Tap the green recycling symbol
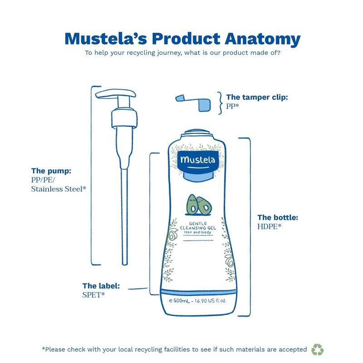pyautogui.click(x=318, y=349)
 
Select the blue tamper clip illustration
pyautogui.click(x=195, y=102)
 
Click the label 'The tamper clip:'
pyautogui.click(x=257, y=97)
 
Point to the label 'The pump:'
pyautogui.click(x=51, y=171)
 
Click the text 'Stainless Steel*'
pyautogui.click(x=58, y=189)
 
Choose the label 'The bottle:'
pyautogui.click(x=277, y=217)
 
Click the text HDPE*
pyautogui.click(x=270, y=226)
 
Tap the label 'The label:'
pyautogui.click(x=101, y=286)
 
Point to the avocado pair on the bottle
pyautogui.click(x=199, y=204)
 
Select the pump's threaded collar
pyautogui.click(x=123, y=118)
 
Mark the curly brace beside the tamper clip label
pyautogui.click(x=220, y=101)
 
